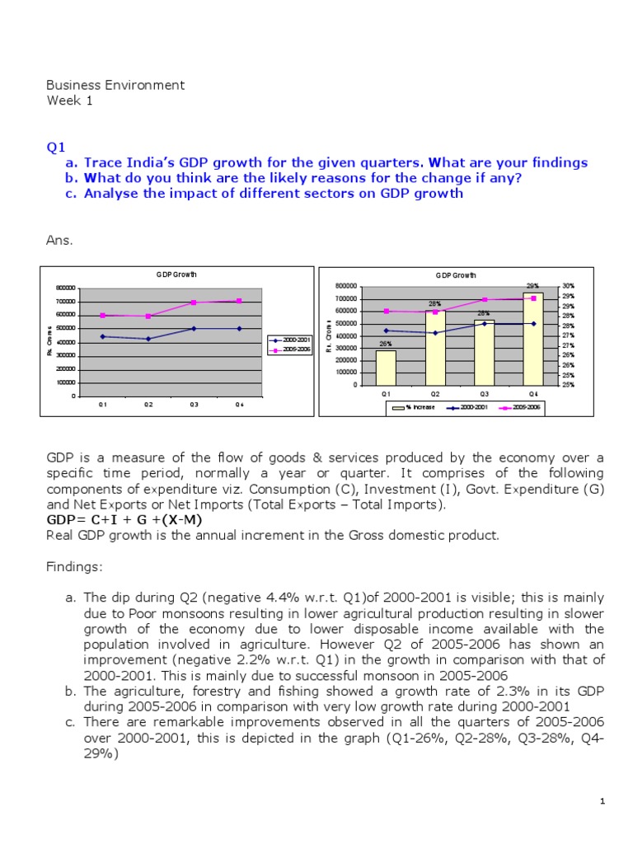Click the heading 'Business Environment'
[115, 85]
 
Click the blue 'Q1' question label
[55, 147]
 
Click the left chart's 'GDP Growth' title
[177, 274]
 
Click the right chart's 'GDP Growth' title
[456, 275]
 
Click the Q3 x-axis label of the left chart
[194, 405]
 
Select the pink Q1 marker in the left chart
[103, 316]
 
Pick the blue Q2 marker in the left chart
[148, 339]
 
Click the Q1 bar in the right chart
[386, 368]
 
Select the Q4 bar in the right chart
[533, 339]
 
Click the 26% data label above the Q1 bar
[385, 344]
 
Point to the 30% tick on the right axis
[568, 286]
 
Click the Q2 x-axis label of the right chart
[435, 394]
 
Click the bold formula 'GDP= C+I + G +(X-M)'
[123, 520]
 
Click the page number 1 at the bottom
[603, 801]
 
